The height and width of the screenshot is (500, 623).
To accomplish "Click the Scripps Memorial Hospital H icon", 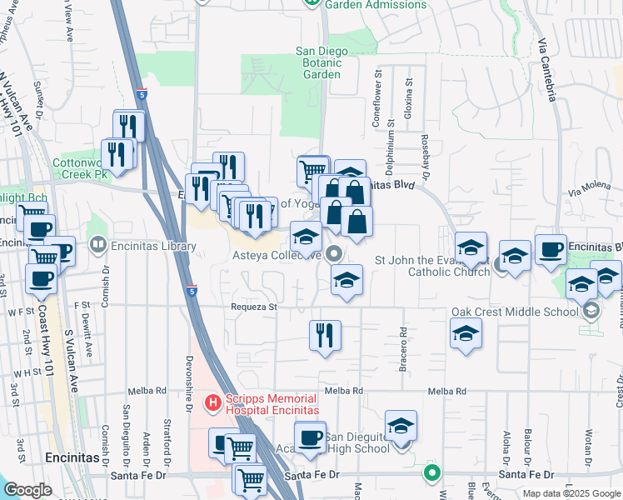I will coord(212,403).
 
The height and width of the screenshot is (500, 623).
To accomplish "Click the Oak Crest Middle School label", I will coord(515,312).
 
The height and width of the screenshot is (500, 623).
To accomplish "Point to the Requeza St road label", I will coord(254,307).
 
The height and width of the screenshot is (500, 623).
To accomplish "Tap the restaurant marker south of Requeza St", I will coord(323,336).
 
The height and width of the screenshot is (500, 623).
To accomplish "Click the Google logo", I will coord(27,490).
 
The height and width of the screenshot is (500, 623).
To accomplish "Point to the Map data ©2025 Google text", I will coord(571,493).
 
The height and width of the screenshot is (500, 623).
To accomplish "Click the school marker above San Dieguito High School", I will coord(401,426).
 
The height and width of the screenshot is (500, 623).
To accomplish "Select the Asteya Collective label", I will coord(280,255).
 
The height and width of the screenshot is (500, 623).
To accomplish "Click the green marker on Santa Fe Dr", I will coord(431,473).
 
